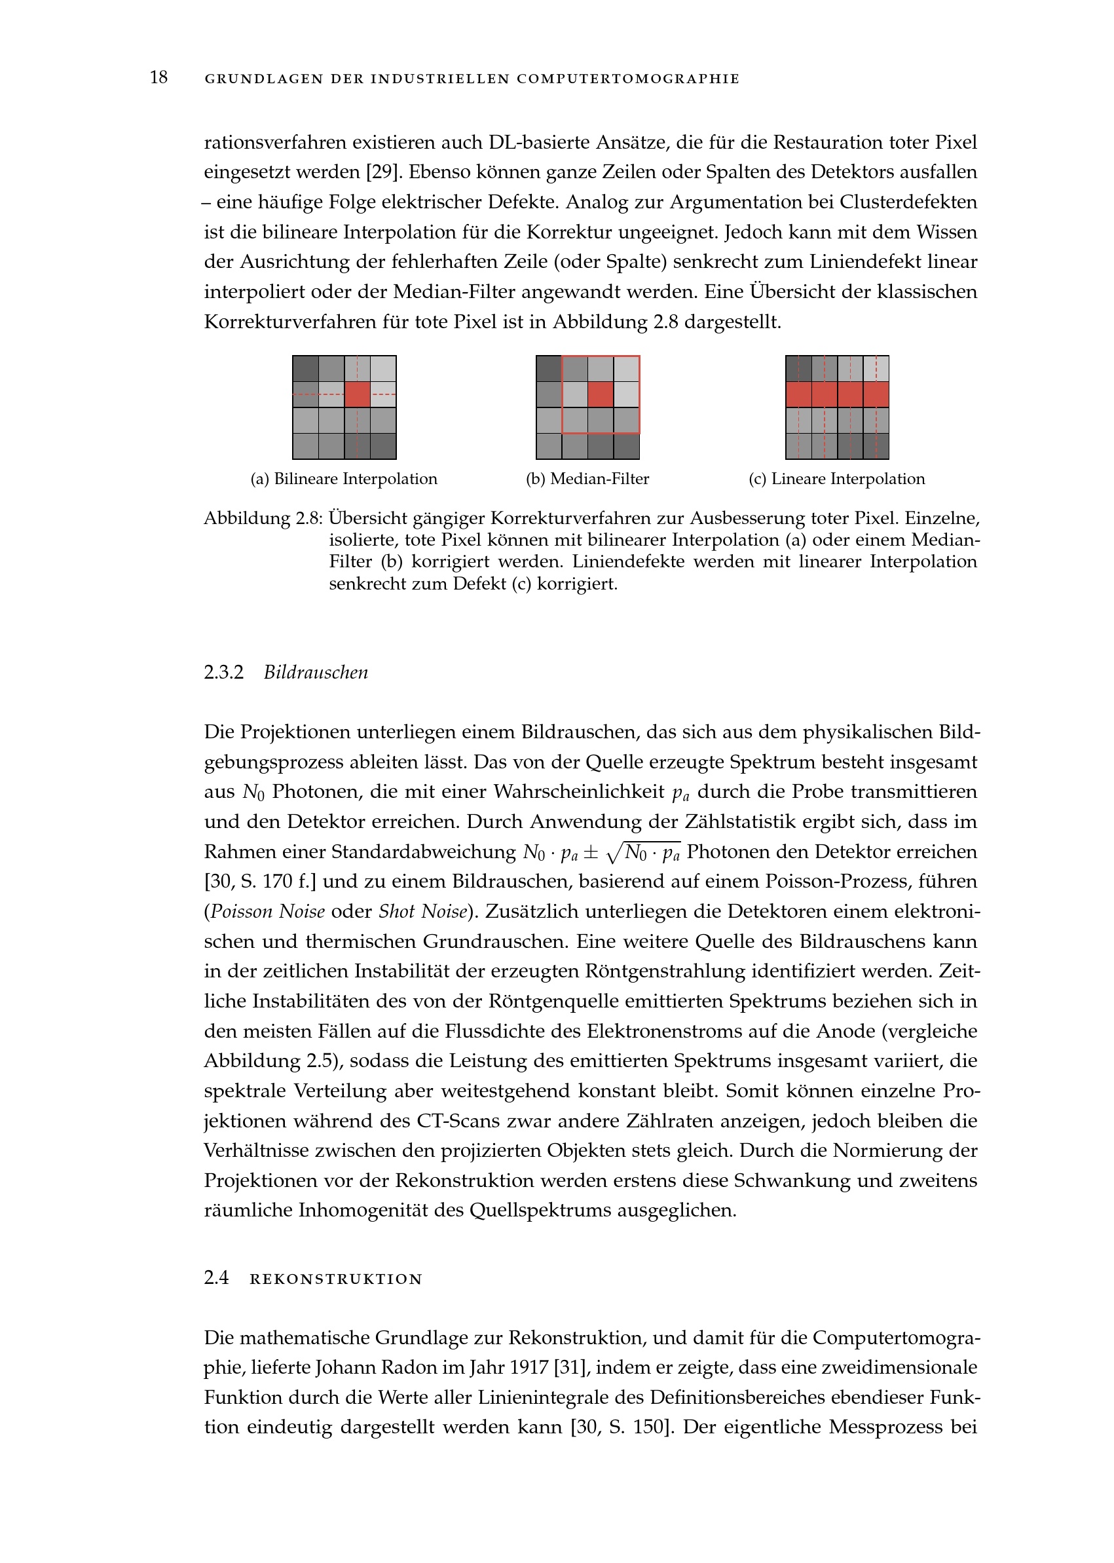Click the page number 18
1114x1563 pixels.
tap(158, 77)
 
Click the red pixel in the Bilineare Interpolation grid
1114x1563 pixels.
tap(358, 394)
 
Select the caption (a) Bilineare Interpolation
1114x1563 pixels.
tap(344, 479)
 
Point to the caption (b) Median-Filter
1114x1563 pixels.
tap(587, 479)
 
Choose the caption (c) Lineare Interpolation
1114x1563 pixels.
tap(836, 479)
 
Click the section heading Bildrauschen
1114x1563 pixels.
tap(316, 672)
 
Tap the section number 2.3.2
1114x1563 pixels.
tap(223, 672)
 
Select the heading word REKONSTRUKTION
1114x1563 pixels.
tap(336, 1279)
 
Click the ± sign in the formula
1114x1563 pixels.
tap(591, 853)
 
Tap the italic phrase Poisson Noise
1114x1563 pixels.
tap(267, 912)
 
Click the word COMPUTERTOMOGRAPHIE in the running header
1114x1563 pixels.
tap(627, 79)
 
